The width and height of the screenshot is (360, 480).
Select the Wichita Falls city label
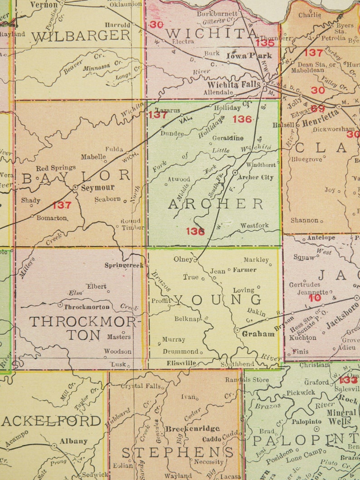[x=234, y=84]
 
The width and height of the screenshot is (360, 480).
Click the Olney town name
[x=183, y=259]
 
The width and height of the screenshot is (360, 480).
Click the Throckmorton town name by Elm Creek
[x=87, y=306]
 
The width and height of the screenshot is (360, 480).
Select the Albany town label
[x=73, y=441]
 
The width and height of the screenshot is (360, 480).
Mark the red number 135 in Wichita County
[x=265, y=43]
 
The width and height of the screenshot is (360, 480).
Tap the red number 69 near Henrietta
[x=318, y=108]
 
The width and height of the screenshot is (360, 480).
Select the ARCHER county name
[x=216, y=204]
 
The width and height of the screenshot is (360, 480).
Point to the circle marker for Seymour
[x=75, y=187]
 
